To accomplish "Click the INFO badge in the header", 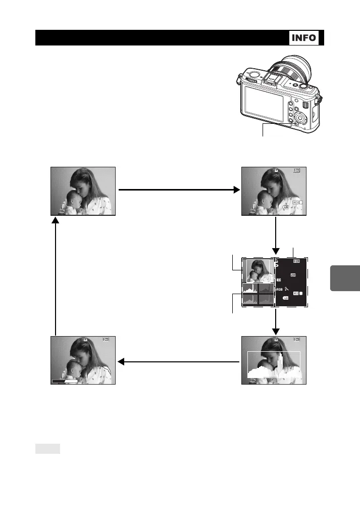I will (304, 38).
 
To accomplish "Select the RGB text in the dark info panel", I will (279, 290).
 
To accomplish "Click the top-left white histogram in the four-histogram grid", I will (250, 289).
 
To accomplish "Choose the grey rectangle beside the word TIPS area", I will (48, 448).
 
